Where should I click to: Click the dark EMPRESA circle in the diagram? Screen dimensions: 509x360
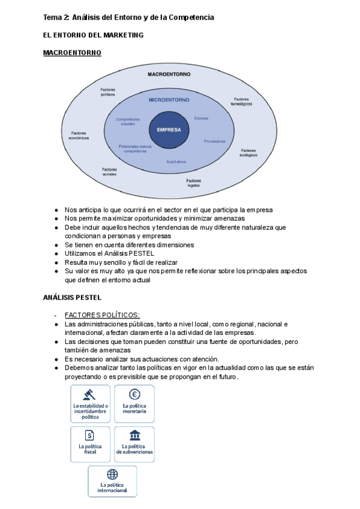[169, 128]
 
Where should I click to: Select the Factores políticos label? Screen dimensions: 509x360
[108, 92]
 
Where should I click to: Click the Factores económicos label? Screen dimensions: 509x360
[79, 135]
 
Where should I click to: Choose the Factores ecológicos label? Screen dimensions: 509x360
[248, 152]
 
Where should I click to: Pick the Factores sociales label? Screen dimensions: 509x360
[109, 172]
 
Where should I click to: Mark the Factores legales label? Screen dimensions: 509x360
[193, 182]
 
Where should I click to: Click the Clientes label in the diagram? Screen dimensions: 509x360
[201, 118]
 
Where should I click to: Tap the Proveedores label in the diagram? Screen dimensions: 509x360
[214, 141]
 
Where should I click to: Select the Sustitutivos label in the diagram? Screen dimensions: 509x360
[176, 162]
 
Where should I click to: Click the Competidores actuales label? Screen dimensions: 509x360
[128, 121]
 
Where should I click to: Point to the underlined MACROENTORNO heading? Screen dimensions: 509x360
[72, 53]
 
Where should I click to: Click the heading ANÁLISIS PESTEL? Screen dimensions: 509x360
[73, 297]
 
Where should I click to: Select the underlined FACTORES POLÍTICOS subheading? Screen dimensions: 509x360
[102, 315]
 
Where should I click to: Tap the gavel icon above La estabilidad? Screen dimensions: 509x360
[90, 395]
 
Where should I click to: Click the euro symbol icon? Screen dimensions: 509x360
[134, 394]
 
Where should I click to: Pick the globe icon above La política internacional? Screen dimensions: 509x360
[112, 474]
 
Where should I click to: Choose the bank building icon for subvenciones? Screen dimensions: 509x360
[134, 435]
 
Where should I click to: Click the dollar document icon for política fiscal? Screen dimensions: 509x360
[90, 435]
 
